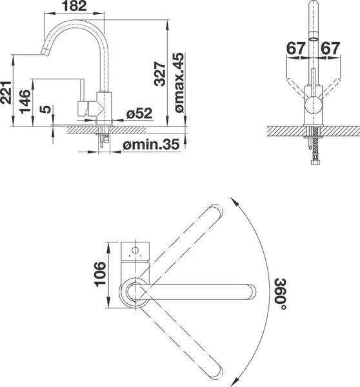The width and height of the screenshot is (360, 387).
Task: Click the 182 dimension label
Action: tap(74, 6)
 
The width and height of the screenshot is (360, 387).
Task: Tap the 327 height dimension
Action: tap(160, 74)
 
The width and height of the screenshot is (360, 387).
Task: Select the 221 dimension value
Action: tap(6, 92)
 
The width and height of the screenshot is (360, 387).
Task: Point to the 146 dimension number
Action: tap(25, 102)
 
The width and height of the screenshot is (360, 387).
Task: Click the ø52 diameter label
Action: tap(139, 114)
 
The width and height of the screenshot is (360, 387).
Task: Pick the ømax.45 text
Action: tap(180, 83)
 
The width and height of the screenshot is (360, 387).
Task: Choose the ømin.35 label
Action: tap(151, 144)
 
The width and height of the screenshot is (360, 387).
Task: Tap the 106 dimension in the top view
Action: tap(100, 274)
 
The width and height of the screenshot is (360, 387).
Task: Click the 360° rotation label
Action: tap(280, 294)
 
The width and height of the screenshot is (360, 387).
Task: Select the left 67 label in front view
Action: tap(295, 48)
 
